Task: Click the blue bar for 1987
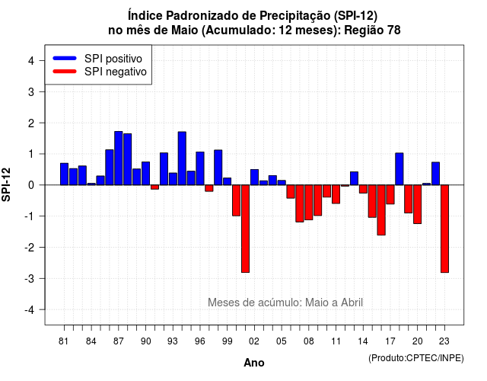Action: [x=119, y=158]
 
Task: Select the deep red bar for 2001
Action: [x=245, y=229]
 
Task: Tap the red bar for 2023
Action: [x=444, y=229]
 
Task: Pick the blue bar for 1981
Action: [x=64, y=174]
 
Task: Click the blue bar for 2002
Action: [x=254, y=177]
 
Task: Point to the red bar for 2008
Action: [x=309, y=203]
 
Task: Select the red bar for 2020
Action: [x=418, y=204]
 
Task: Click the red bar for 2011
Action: [x=336, y=194]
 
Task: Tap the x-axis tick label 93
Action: [x=173, y=341]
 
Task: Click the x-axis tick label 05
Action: [x=281, y=341]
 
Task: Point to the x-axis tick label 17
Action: [x=390, y=341]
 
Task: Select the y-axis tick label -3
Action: [x=30, y=278]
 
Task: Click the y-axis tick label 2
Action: [x=31, y=123]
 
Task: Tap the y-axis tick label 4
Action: [x=31, y=60]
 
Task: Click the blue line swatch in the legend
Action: [x=65, y=58]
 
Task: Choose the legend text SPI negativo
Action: [x=116, y=72]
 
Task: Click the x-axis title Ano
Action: [x=254, y=363]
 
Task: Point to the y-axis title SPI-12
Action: [x=6, y=184]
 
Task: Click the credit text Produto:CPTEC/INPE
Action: [x=416, y=358]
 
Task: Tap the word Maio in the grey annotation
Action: [x=317, y=303]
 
